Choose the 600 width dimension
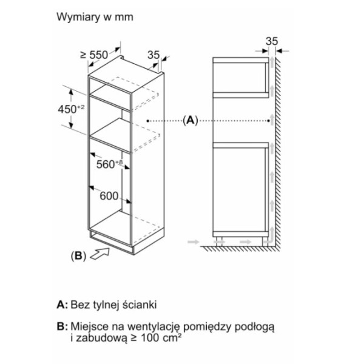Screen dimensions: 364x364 pos(109,196)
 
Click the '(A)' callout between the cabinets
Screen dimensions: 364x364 pos(190,120)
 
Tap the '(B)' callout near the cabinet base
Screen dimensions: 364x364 pos(77,255)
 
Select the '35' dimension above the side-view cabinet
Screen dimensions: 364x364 pos(271,41)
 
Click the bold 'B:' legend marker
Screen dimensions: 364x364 pos(61,327)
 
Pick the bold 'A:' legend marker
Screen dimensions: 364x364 pos(61,303)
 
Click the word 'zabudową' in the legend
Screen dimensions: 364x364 pos(99,339)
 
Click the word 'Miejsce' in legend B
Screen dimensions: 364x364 pos(89,327)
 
